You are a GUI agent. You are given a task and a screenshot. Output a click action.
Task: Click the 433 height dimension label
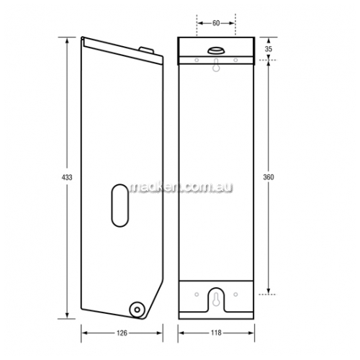point(67,177)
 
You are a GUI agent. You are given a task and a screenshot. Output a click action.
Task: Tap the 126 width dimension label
point(122,333)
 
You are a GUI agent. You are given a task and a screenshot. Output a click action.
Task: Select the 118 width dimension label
point(216,333)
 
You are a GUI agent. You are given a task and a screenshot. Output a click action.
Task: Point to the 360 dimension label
point(269,177)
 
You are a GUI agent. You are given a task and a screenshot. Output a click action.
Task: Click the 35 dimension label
point(269,49)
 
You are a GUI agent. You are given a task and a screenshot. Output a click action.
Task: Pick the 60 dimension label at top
point(216,23)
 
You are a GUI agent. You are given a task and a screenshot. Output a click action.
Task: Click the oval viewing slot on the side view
point(120,205)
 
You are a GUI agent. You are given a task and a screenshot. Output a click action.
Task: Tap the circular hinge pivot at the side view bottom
point(137,310)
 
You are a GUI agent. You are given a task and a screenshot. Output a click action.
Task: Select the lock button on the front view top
point(216,50)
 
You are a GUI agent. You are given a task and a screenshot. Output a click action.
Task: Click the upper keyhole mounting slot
point(216,66)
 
